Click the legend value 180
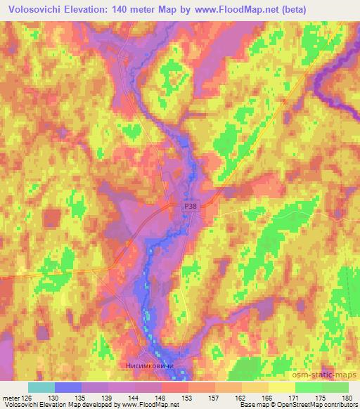pyautogui.click(x=345, y=397)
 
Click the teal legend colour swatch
pyautogui.click(x=41, y=387)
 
